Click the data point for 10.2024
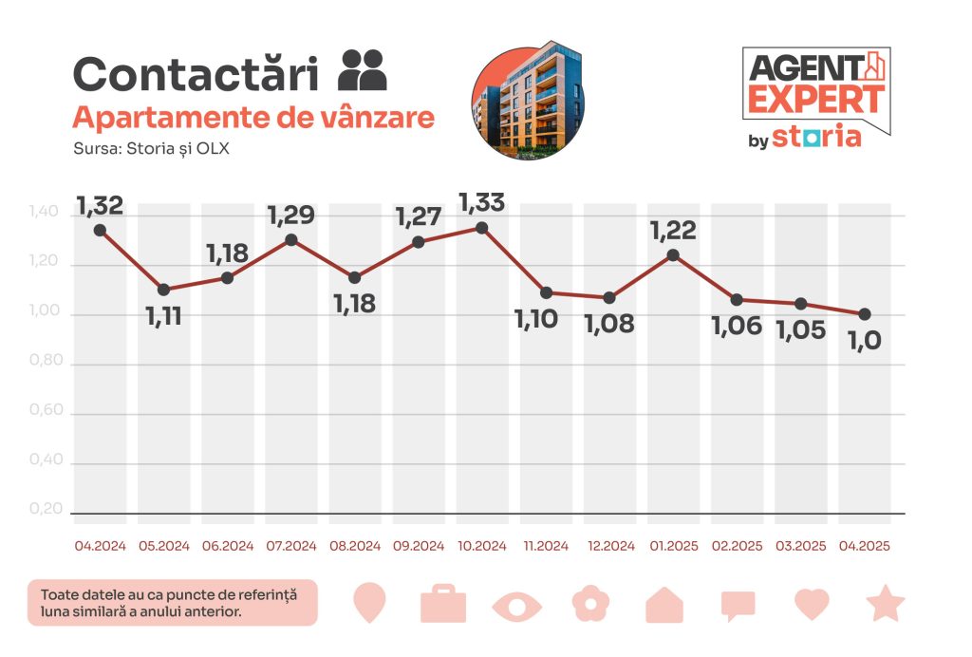[x=482, y=228]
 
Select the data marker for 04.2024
[x=100, y=230]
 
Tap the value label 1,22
[x=673, y=231]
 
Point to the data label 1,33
[x=481, y=202]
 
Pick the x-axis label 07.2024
[x=290, y=546]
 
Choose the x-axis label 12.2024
[x=609, y=546]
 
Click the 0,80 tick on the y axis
[x=47, y=364]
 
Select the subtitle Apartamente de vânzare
[x=253, y=118]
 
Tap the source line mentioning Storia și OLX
[x=151, y=149]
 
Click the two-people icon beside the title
[x=363, y=69]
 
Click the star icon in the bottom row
[x=885, y=603]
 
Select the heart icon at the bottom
[x=812, y=604]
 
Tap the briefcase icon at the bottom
[x=443, y=604]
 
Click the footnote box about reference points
[x=172, y=603]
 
